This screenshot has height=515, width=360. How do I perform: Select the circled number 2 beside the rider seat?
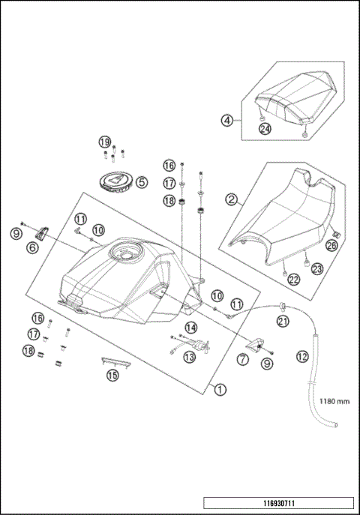[x=232, y=199]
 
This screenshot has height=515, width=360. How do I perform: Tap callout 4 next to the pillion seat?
[x=226, y=119]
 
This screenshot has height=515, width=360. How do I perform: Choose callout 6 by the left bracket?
[x=33, y=247]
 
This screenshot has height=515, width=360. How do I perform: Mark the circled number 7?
[x=243, y=361]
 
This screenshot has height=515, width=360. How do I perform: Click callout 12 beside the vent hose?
[x=302, y=358]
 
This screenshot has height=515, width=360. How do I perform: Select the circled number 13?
[x=189, y=358]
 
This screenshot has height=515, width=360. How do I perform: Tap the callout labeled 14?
[x=190, y=328]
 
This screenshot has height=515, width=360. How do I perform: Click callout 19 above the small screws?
[x=105, y=142]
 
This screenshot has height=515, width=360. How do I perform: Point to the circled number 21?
[x=283, y=322]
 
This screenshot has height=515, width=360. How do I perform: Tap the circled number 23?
[x=316, y=268]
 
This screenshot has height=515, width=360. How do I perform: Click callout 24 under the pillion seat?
[x=265, y=128]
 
